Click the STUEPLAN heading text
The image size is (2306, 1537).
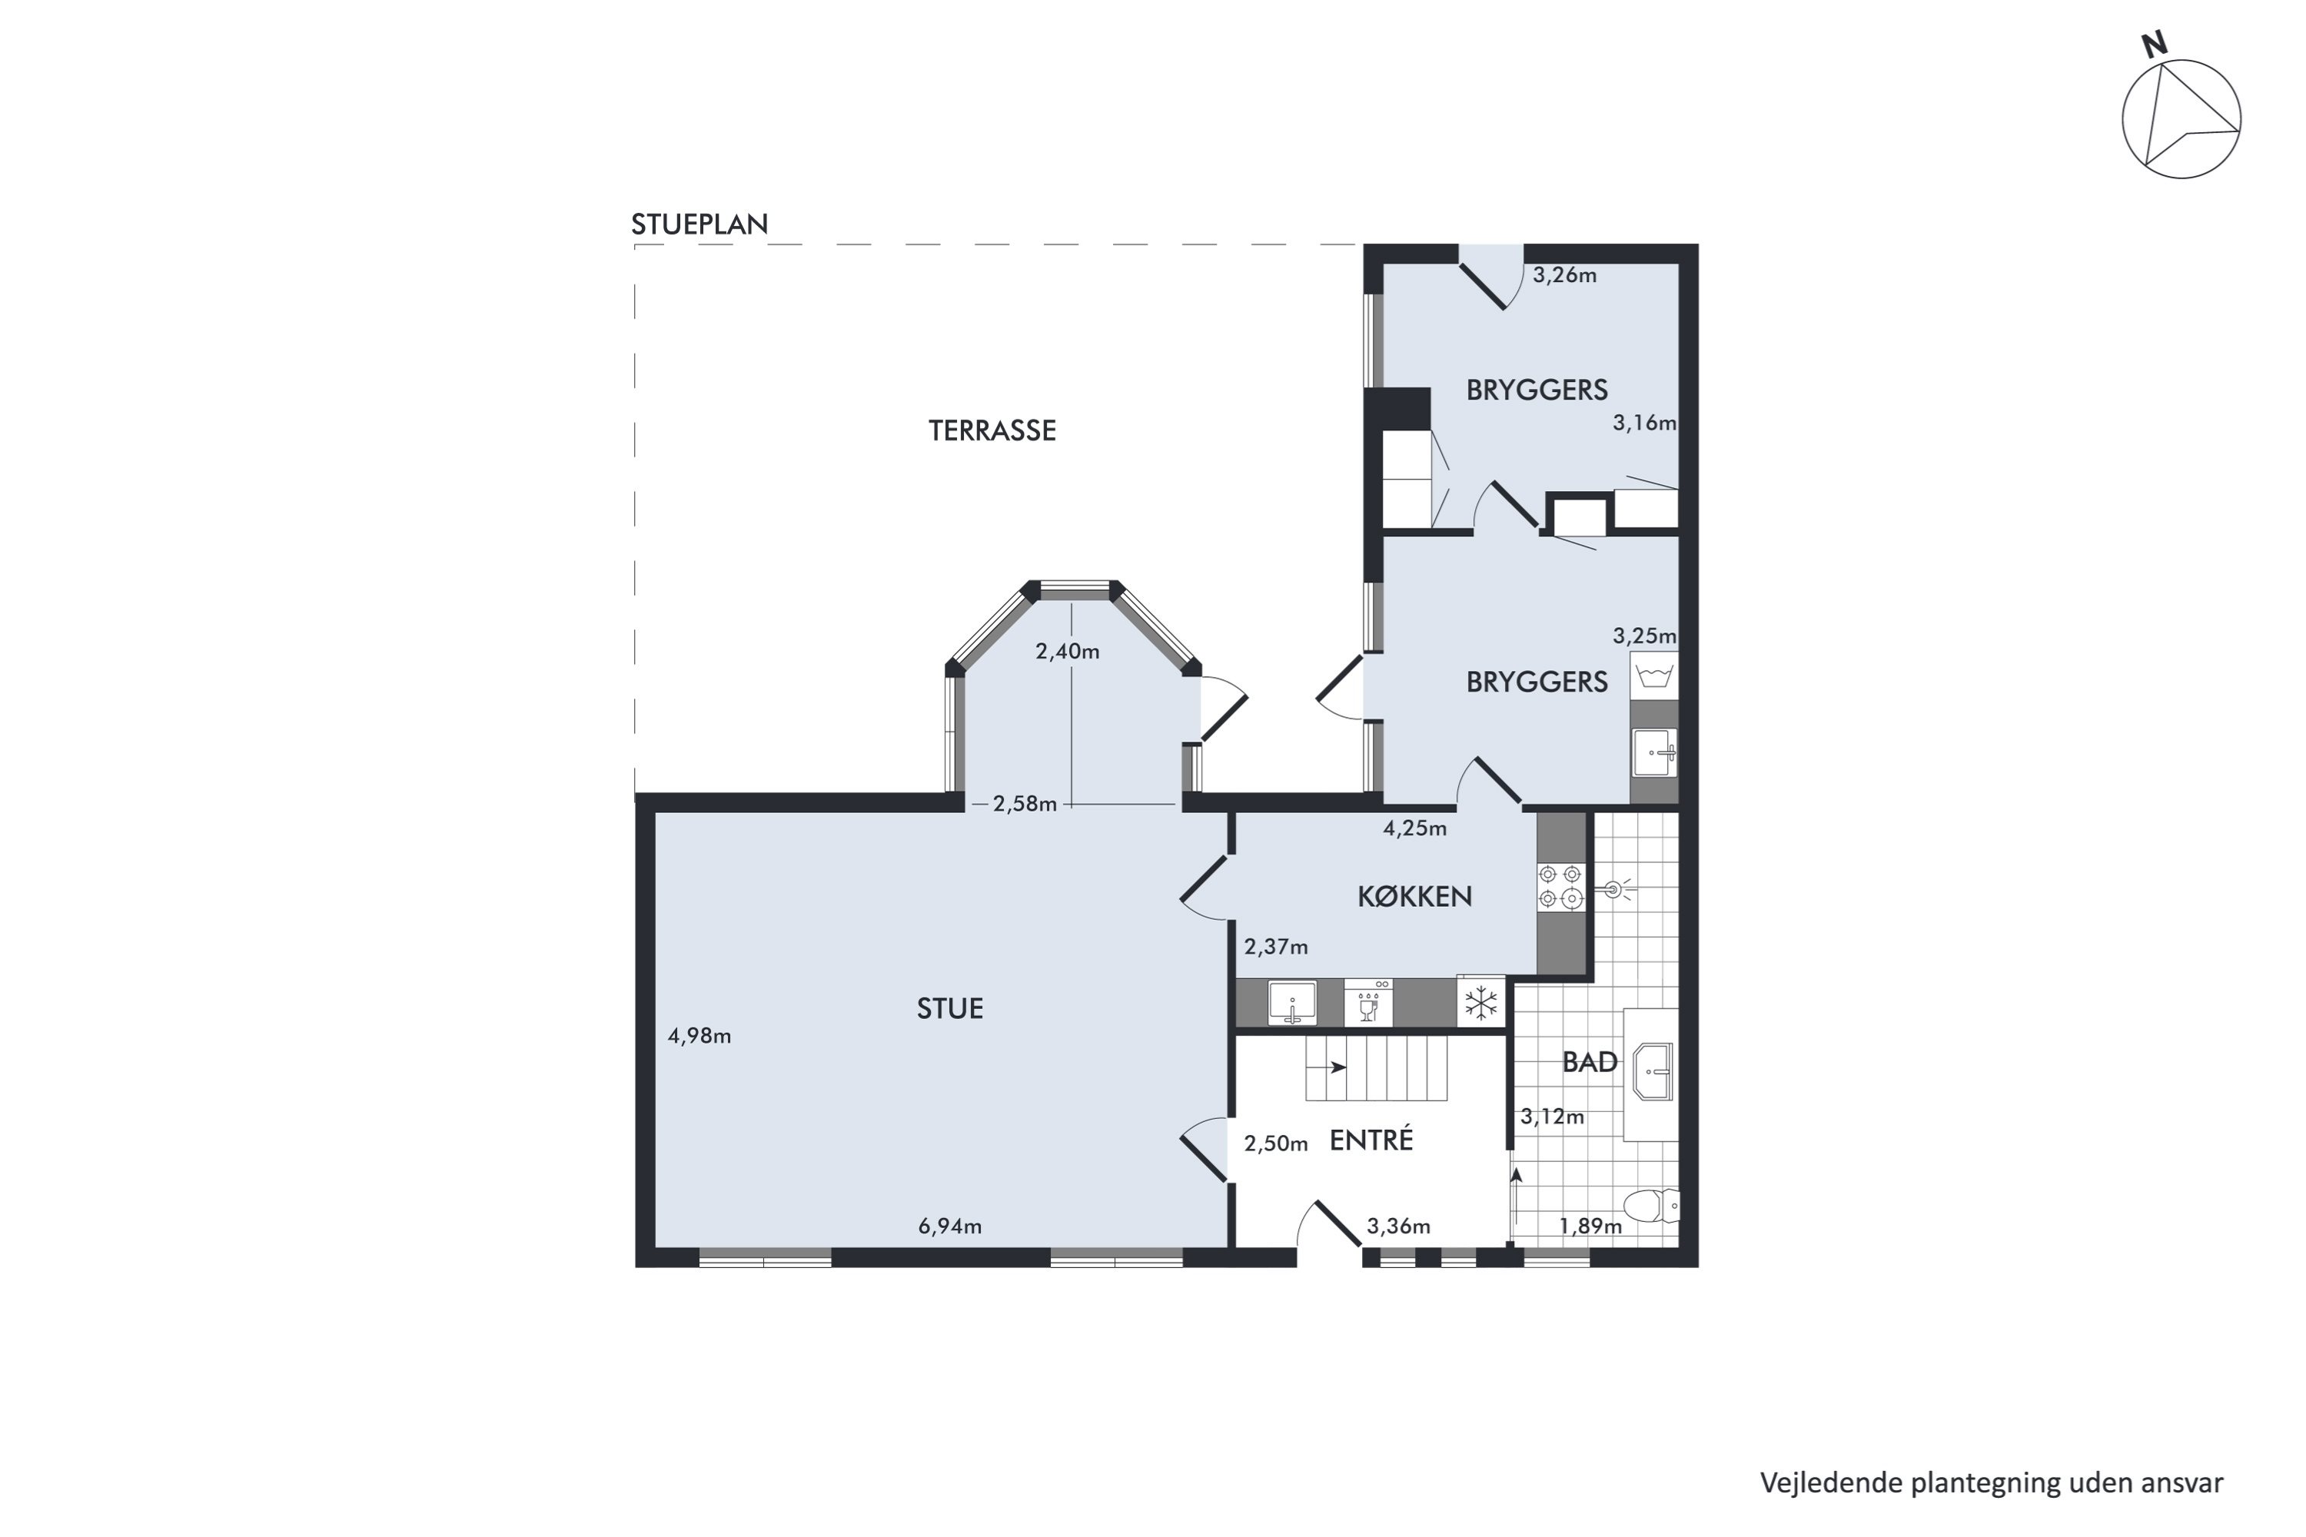[x=699, y=224]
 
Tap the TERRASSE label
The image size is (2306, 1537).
[x=992, y=431]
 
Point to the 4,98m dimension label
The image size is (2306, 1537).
[x=699, y=1036]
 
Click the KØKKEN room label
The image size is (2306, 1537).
[x=1414, y=897]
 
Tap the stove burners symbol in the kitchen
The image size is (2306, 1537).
[x=1560, y=886]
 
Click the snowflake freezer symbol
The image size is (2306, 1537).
[x=1480, y=1003]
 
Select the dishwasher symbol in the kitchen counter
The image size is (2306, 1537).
[x=1367, y=1002]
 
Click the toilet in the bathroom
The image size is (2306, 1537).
[x=1650, y=1206]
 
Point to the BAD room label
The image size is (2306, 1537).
[x=1590, y=1063]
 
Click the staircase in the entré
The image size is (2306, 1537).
[x=1376, y=1068]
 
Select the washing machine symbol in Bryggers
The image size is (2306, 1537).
[x=1654, y=676]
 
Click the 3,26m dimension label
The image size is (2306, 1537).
[x=1563, y=275]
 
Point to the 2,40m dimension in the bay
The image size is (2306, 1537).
[x=1067, y=652]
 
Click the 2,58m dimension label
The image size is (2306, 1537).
[x=1024, y=805]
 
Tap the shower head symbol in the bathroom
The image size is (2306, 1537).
[x=1613, y=890]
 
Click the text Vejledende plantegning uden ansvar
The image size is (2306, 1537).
[x=1990, y=1483]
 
